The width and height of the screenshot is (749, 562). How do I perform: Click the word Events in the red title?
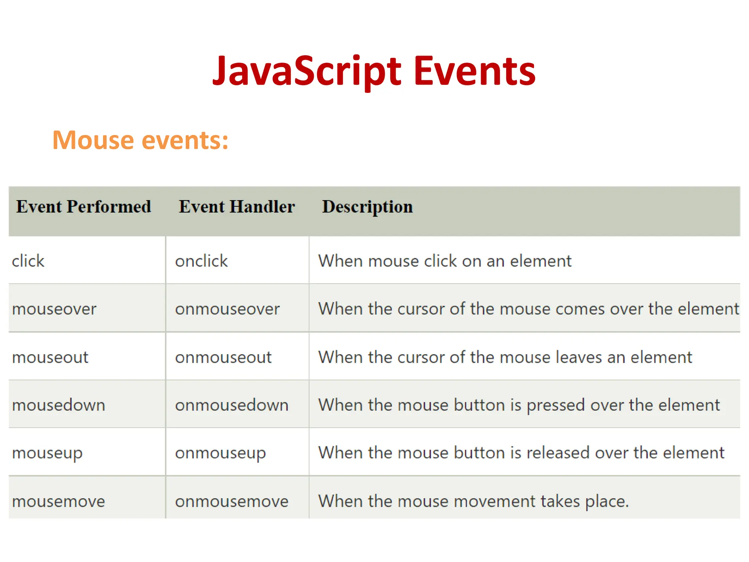(x=474, y=71)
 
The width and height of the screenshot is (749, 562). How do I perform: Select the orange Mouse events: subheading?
(x=140, y=140)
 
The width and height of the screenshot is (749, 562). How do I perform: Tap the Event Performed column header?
(x=84, y=207)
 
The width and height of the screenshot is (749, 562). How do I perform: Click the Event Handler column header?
(x=237, y=207)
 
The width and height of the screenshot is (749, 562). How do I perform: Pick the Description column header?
(x=367, y=207)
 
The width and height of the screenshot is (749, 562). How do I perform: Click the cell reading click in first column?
(x=28, y=261)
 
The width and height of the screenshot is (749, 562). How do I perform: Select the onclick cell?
(x=202, y=261)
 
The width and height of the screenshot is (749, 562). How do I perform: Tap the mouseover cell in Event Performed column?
(x=54, y=309)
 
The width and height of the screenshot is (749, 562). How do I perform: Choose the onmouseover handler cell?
(x=227, y=309)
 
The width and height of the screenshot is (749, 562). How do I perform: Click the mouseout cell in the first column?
(x=50, y=357)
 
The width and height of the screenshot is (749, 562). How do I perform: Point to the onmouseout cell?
(x=223, y=357)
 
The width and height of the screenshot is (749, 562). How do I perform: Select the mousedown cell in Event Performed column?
(x=59, y=405)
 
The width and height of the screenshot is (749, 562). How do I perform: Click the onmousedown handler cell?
(x=232, y=405)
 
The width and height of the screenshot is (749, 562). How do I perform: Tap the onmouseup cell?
(x=220, y=453)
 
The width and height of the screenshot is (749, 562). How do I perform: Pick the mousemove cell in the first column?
(x=59, y=501)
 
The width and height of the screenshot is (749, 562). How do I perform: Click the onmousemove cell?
(x=232, y=501)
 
